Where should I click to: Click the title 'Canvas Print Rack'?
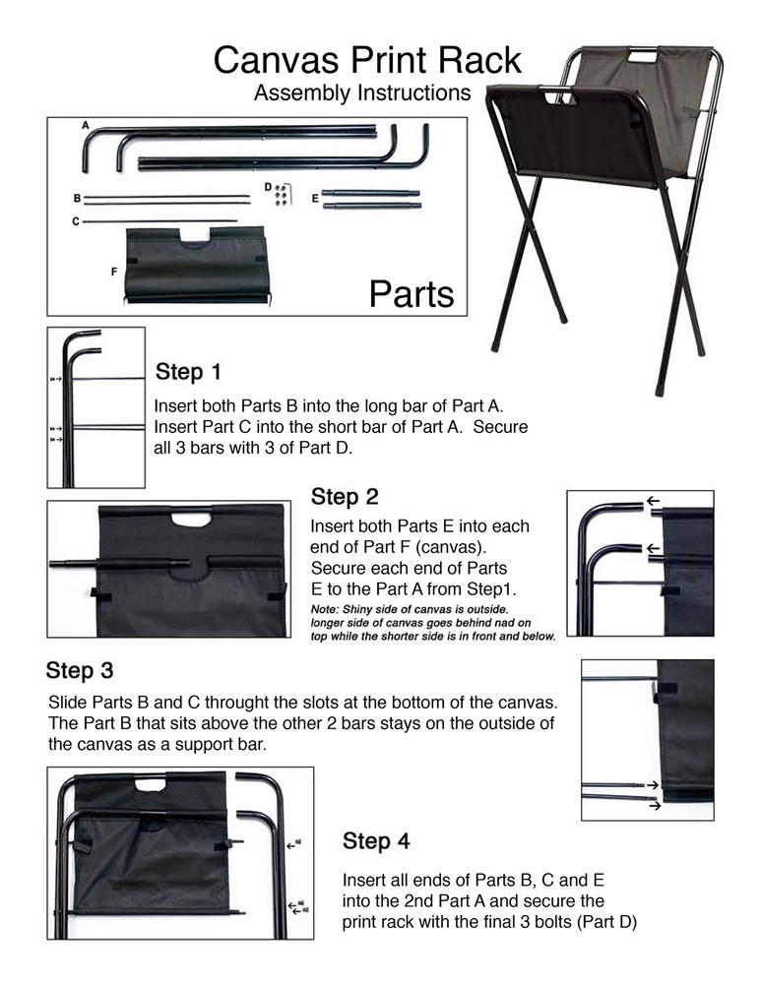pyautogui.click(x=367, y=61)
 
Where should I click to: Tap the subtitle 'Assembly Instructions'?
pyautogui.click(x=362, y=93)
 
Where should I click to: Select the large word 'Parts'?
pyautogui.click(x=412, y=293)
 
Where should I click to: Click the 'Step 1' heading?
pyautogui.click(x=189, y=373)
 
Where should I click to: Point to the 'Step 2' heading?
pyautogui.click(x=345, y=496)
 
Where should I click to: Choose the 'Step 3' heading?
pyautogui.click(x=80, y=671)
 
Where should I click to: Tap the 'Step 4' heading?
pyautogui.click(x=376, y=841)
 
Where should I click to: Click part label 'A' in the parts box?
pyautogui.click(x=86, y=126)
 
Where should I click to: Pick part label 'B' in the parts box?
pyautogui.click(x=77, y=199)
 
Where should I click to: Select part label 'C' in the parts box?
pyautogui.click(x=76, y=222)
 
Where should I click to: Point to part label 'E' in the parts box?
pyautogui.click(x=314, y=199)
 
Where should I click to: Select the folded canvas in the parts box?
pyautogui.click(x=197, y=264)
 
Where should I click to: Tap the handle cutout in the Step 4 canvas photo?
pyautogui.click(x=151, y=784)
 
